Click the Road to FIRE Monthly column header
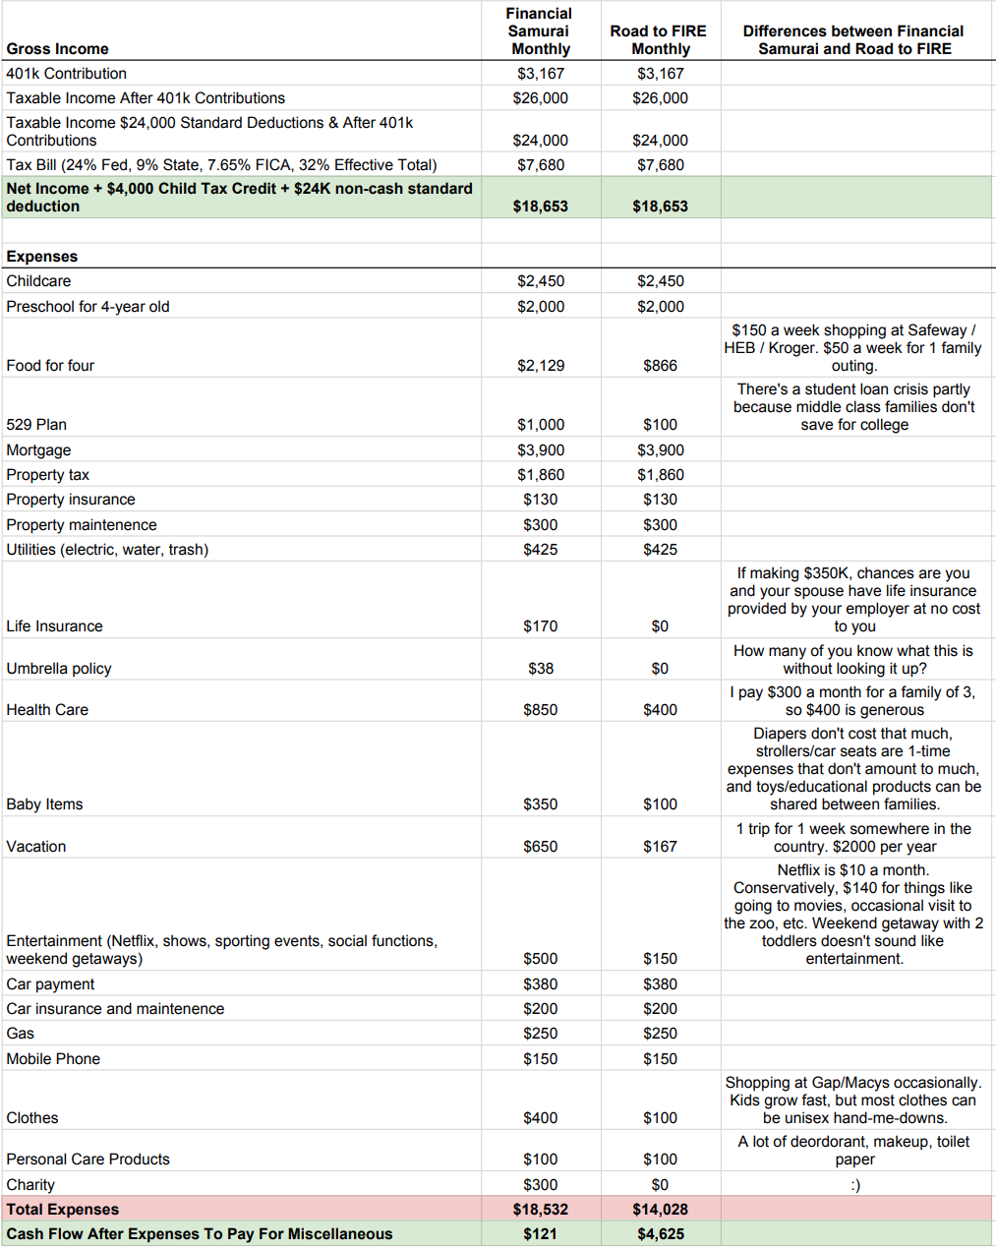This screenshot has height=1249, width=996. tap(659, 39)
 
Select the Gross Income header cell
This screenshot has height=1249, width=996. tap(57, 49)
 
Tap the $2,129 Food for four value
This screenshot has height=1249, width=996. tap(541, 366)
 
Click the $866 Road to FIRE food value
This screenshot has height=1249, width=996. tap(660, 366)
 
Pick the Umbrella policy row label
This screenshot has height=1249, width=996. tap(59, 669)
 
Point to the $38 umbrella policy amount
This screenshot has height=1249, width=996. tap(541, 669)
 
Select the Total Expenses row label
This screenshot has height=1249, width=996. tap(63, 1210)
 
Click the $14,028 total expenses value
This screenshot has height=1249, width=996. tap(660, 1210)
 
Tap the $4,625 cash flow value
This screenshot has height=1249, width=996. tap(660, 1234)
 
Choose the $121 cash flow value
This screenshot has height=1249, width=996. tap(541, 1234)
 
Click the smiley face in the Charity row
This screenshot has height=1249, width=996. tap(854, 1185)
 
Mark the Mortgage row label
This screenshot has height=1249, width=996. tap(38, 450)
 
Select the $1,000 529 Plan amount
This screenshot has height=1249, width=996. tap(541, 425)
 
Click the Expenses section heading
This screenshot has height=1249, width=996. tap(42, 257)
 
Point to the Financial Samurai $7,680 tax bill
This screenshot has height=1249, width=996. tap(541, 165)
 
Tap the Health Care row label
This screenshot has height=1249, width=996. tap(47, 710)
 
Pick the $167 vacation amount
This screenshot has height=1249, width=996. tap(660, 847)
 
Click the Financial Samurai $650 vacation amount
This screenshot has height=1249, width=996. tap(541, 847)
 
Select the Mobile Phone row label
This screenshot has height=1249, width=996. tap(53, 1059)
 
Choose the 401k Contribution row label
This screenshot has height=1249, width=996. tap(66, 74)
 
